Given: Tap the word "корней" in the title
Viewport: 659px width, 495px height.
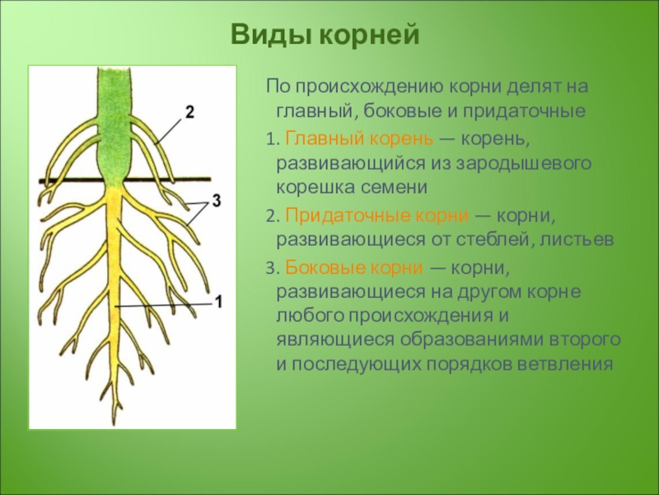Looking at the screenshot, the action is pyautogui.click(x=369, y=35).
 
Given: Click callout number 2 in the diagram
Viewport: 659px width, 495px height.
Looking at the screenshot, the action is pyautogui.click(x=189, y=112).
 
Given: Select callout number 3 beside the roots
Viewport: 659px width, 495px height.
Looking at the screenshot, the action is pyautogui.click(x=216, y=200).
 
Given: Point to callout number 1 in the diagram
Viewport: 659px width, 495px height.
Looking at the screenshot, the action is pyautogui.click(x=218, y=302).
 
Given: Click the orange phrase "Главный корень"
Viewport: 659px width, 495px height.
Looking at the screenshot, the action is pyautogui.click(x=359, y=138).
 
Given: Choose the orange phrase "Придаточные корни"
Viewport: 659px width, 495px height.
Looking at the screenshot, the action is pyautogui.click(x=376, y=215).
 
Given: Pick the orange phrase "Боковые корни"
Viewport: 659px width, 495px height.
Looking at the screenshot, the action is pyautogui.click(x=354, y=267).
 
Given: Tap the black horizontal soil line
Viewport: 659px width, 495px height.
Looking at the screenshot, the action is pyautogui.click(x=125, y=180).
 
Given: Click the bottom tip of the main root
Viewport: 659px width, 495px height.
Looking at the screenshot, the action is pyautogui.click(x=115, y=424).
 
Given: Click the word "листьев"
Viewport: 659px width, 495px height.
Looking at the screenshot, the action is pyautogui.click(x=577, y=240).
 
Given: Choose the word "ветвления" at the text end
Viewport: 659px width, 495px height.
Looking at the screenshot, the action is pyautogui.click(x=565, y=365).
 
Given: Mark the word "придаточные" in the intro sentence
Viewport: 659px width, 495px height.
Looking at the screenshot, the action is pyautogui.click(x=524, y=111).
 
